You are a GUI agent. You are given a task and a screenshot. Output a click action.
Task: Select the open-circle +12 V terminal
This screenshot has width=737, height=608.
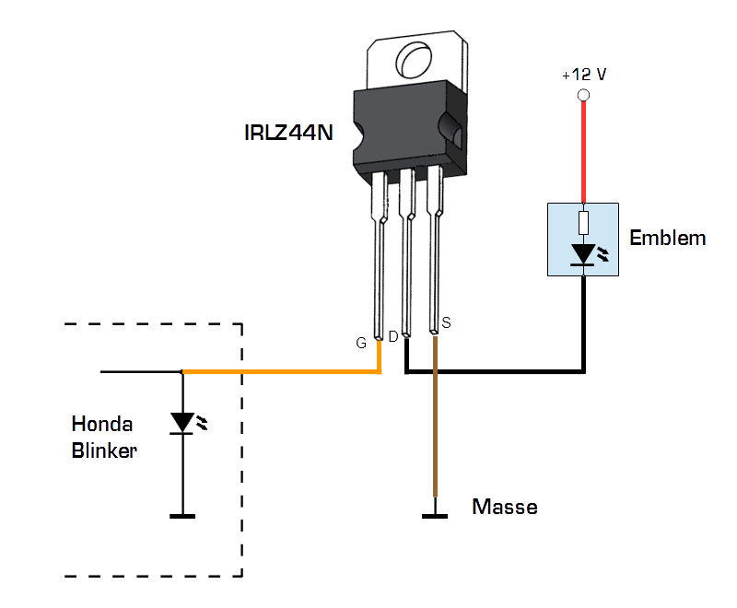(x=582, y=96)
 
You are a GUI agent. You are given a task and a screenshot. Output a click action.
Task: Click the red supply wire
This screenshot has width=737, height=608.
(x=582, y=152)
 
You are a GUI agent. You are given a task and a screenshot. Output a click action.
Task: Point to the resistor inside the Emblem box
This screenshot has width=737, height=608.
(x=582, y=223)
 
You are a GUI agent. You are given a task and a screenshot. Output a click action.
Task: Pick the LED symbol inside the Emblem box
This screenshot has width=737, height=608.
(x=583, y=253)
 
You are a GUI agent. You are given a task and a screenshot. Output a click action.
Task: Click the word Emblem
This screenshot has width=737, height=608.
(x=667, y=239)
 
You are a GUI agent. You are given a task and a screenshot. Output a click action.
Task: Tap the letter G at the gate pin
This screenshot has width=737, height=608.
(x=361, y=343)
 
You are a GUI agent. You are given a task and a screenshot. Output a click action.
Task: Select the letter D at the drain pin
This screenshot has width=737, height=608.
(x=392, y=337)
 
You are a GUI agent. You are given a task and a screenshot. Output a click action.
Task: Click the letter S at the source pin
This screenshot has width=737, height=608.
(x=447, y=322)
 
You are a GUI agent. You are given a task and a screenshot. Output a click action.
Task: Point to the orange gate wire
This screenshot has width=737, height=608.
(x=276, y=372)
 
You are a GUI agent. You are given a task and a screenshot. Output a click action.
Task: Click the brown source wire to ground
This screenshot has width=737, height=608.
(x=435, y=433)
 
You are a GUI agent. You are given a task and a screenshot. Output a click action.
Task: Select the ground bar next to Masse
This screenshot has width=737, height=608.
(x=435, y=517)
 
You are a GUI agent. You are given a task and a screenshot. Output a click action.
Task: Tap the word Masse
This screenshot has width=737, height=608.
(x=504, y=507)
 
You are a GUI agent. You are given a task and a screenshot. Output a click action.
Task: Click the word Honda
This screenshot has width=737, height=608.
(x=101, y=425)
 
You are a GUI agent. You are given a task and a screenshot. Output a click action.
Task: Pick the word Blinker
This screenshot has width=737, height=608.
(x=104, y=451)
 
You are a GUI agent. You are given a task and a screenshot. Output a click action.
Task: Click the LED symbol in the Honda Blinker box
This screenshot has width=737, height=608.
(x=182, y=423)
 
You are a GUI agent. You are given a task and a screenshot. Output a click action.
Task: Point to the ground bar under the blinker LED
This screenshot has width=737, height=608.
(x=182, y=517)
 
